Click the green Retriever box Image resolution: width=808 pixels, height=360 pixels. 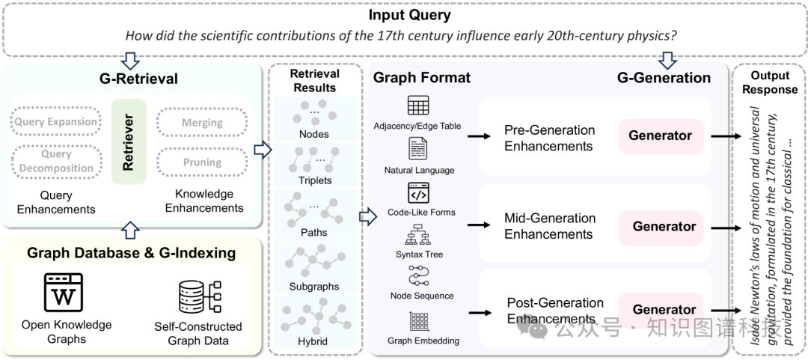128,141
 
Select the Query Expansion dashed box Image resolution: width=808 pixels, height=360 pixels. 56,122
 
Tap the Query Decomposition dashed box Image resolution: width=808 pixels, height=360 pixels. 56,161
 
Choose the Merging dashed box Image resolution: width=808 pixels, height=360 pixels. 202,122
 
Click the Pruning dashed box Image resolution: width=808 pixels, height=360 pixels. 202,162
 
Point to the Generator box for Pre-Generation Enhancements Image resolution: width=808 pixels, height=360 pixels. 660,136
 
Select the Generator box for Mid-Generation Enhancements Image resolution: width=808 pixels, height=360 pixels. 664,226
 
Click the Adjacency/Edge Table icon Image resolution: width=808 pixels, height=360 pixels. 418,106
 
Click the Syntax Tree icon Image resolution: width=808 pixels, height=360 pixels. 418,236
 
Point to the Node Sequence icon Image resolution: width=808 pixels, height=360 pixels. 418,277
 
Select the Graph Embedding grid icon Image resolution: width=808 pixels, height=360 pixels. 418,322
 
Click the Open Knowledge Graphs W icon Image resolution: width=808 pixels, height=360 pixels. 64,293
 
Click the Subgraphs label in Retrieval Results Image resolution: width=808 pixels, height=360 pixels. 313,286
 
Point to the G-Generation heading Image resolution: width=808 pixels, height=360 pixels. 663,78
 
